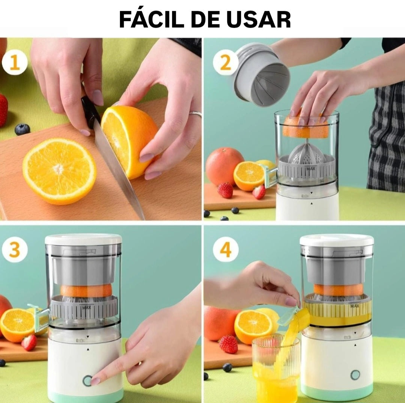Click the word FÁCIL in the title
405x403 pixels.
[x=151, y=20]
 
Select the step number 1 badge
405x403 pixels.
[x=15, y=63]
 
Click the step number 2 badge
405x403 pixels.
[x=225, y=63]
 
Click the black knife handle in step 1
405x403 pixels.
[x=90, y=111]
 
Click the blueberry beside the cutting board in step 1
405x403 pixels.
[x=22, y=129]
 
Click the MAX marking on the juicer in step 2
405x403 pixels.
[x=310, y=169]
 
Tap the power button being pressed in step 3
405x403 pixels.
[x=87, y=380]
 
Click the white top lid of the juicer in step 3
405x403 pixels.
[x=83, y=239]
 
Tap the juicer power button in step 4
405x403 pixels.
[x=355, y=374]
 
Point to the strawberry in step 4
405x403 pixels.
[x=228, y=344]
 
